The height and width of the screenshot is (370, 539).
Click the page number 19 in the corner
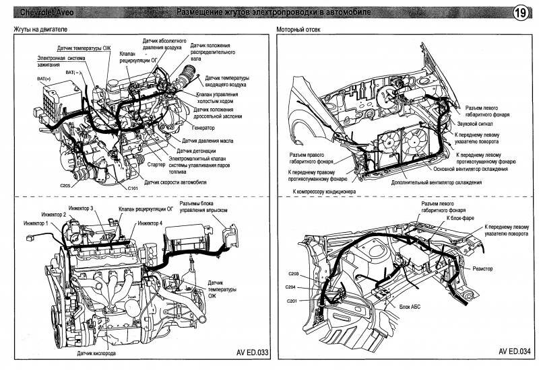click(520, 13)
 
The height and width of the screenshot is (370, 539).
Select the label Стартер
click(156, 163)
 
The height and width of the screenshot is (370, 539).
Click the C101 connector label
click(132, 188)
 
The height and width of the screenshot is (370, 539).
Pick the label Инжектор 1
click(32, 222)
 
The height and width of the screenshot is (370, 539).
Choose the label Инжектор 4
click(150, 222)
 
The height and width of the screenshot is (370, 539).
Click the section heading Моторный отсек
click(297, 32)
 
